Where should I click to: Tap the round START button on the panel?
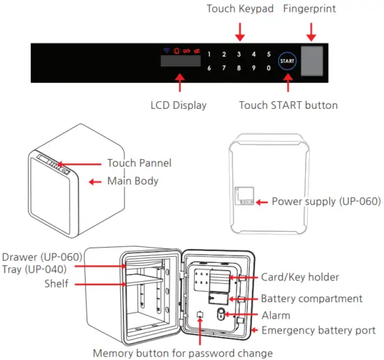(x=287, y=61)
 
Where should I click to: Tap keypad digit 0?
(x=269, y=68)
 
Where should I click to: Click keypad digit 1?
(x=209, y=54)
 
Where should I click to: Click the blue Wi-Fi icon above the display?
(x=166, y=50)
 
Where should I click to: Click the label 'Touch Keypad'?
(x=239, y=9)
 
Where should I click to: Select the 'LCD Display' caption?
(x=179, y=105)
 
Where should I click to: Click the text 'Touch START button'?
(x=288, y=105)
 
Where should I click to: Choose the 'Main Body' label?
(x=133, y=181)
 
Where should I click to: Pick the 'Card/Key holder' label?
(x=300, y=277)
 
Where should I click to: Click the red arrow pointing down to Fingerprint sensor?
(x=311, y=29)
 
